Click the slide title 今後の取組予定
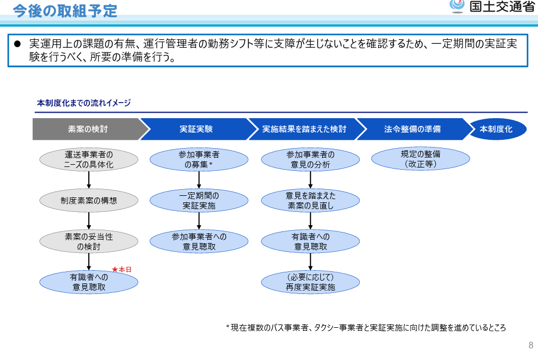(x=65, y=11)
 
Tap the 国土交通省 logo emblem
(x=457, y=6)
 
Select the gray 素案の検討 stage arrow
(x=91, y=129)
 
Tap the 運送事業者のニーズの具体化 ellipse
(x=89, y=159)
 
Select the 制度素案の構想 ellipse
(x=89, y=201)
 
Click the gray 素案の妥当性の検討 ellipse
(x=89, y=241)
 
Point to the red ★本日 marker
(x=122, y=270)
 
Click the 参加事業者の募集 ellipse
(x=199, y=159)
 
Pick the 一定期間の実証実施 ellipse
(x=199, y=201)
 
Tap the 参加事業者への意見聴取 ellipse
(x=199, y=241)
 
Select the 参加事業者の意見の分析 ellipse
(x=310, y=159)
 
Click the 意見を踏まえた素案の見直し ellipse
(x=310, y=201)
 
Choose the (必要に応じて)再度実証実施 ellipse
(x=310, y=282)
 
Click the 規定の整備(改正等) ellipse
(x=421, y=159)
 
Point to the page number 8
(x=531, y=345)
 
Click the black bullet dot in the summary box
(x=17, y=44)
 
